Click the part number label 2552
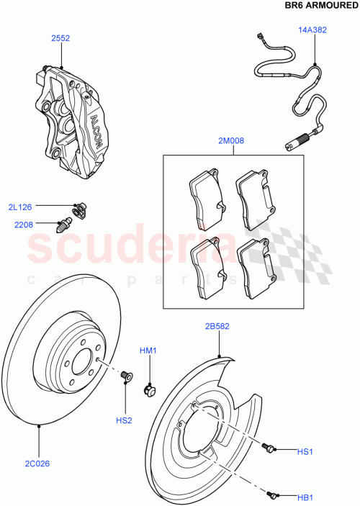[60, 39]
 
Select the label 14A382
[312, 30]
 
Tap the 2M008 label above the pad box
[230, 141]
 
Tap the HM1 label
[148, 351]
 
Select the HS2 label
[124, 420]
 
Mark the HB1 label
[305, 497]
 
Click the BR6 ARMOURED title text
[315, 6]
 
